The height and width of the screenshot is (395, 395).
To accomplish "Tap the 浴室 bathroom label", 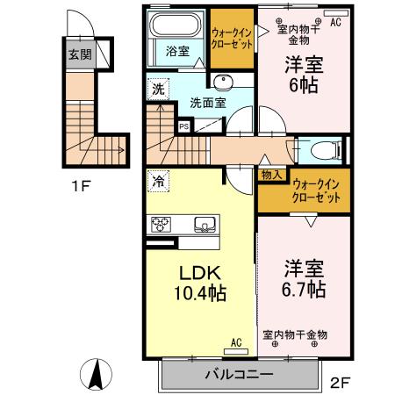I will click(x=178, y=51).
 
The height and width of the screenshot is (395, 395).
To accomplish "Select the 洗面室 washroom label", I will click(x=208, y=102).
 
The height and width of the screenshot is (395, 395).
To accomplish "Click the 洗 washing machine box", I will click(x=157, y=89).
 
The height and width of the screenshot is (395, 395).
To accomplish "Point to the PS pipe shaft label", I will click(x=184, y=126).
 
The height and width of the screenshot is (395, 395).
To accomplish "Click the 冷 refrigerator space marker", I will click(x=158, y=183).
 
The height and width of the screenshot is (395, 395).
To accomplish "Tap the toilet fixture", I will click(x=325, y=149).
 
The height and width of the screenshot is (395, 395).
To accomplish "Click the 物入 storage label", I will click(x=272, y=174).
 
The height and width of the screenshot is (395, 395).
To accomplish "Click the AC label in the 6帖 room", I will click(x=335, y=23).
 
